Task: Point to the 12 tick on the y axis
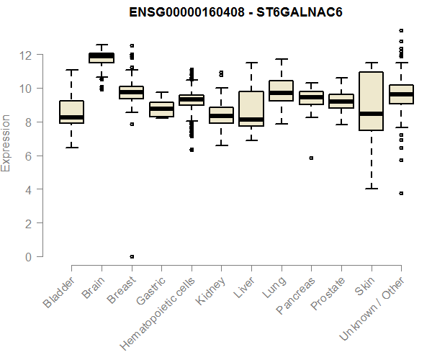[27, 55]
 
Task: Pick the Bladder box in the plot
[71, 112]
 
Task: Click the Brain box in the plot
[101, 57]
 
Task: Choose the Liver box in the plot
[251, 109]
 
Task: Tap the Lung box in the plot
[281, 91]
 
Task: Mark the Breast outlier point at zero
[131, 256]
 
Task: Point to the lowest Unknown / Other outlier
[401, 193]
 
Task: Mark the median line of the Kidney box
[221, 115]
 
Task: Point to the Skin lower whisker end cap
[371, 189]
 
